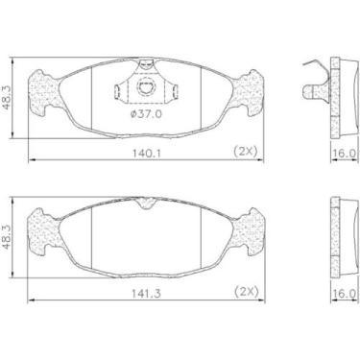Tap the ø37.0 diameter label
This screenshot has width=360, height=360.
pyautogui.click(x=145, y=112)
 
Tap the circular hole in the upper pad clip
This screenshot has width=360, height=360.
pyautogui.click(x=147, y=89)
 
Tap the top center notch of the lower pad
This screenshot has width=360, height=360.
pyautogui.click(x=146, y=203)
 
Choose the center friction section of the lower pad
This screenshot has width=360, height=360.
pyautogui.click(x=146, y=230)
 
